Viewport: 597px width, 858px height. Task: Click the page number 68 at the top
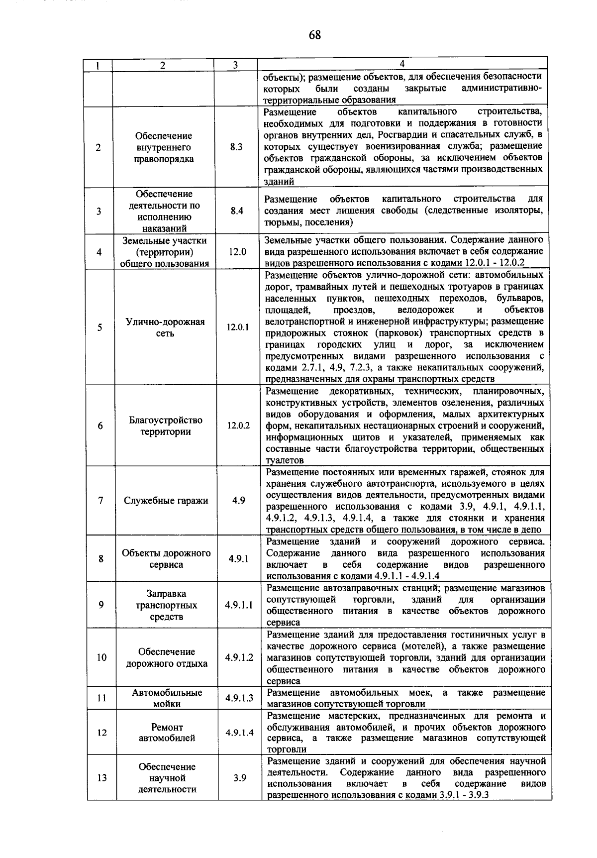click(314, 35)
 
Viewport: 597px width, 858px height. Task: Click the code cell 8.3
click(237, 147)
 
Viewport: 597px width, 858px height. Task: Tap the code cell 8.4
click(237, 211)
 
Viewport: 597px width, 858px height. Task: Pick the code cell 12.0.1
click(238, 327)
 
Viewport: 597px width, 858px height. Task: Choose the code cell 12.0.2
click(238, 426)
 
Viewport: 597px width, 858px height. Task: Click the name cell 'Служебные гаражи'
click(166, 501)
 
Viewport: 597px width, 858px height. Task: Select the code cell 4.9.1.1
click(239, 605)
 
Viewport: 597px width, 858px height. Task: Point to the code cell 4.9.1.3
click(239, 698)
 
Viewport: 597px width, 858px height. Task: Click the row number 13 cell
click(101, 778)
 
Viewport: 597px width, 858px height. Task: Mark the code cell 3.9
click(239, 778)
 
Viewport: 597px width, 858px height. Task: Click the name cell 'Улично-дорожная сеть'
click(165, 327)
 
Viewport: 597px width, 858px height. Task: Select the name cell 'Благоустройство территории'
click(166, 426)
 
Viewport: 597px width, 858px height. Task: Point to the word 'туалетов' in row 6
click(285, 461)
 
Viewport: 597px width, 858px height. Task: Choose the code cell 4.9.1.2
click(239, 657)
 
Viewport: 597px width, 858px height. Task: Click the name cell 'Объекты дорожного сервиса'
click(166, 559)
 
